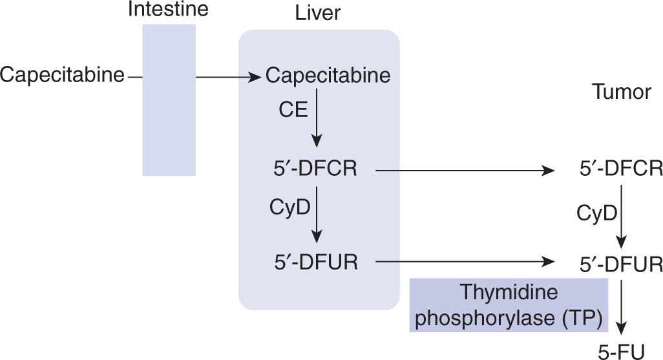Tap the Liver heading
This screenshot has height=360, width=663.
317,14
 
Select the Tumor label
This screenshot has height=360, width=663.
621,92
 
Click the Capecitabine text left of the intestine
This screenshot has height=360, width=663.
62,76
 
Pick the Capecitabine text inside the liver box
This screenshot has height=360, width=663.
328,76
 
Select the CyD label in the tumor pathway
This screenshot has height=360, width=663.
596,211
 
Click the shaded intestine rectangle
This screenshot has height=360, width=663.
169,100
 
